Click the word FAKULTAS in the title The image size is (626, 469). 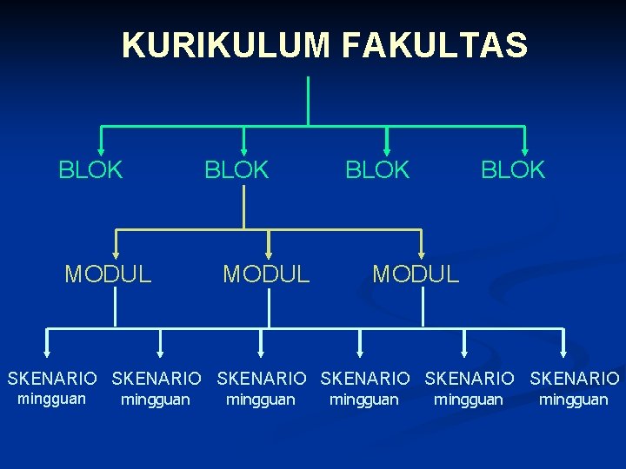(x=435, y=45)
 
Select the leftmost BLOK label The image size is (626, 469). (x=91, y=170)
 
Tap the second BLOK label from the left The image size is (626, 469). (x=236, y=170)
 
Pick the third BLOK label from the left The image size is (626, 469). (x=377, y=170)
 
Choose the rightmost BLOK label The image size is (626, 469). (x=514, y=170)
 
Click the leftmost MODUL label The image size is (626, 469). (x=109, y=275)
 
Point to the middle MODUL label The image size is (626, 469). (x=266, y=275)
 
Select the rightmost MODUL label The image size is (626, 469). (x=416, y=275)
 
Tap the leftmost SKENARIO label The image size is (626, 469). (x=52, y=379)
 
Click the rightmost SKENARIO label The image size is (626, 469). (x=575, y=379)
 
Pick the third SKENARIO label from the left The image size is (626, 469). (x=262, y=379)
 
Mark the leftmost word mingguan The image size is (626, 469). (x=52, y=399)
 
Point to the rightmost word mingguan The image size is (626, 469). (x=574, y=400)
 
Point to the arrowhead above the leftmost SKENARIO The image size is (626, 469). (x=47, y=352)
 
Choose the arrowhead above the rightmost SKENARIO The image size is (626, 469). (x=563, y=352)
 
